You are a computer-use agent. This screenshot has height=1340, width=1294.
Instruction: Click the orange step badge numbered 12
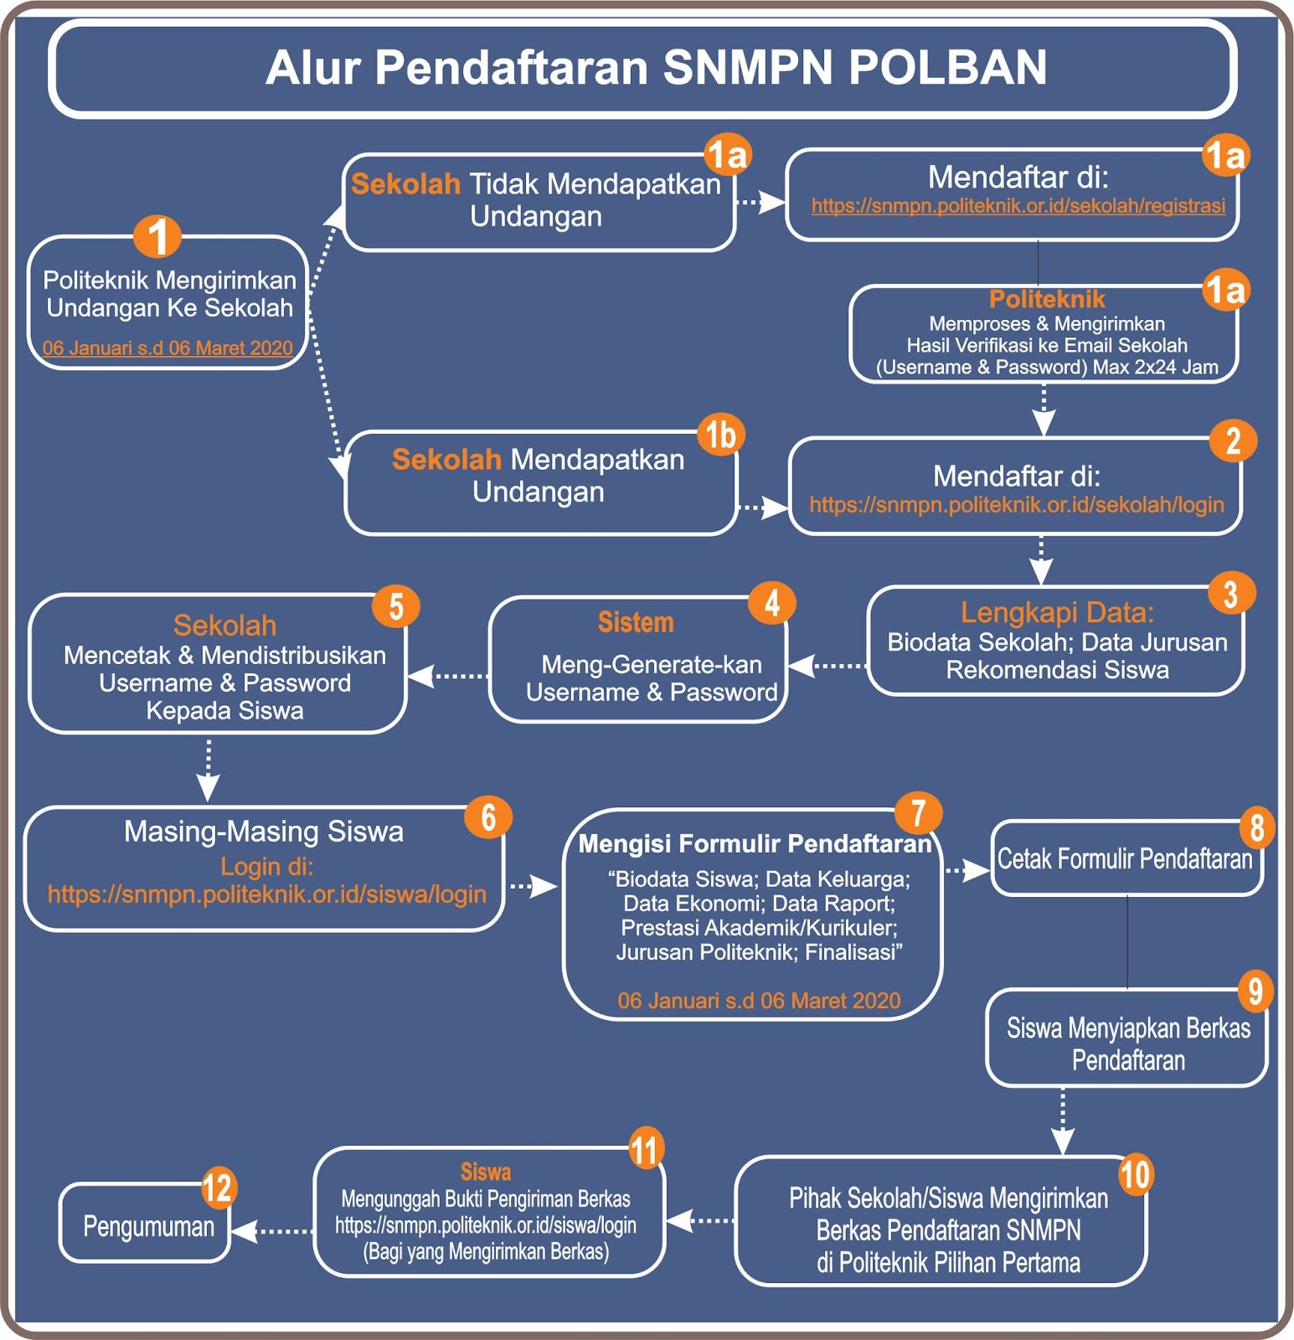(218, 1188)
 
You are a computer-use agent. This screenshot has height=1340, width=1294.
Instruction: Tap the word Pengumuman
(148, 1227)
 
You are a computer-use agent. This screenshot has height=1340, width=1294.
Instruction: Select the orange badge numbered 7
(918, 812)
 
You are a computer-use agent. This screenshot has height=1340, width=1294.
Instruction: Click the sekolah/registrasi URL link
(1018, 206)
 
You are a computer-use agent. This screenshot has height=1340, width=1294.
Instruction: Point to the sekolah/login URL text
(1016, 505)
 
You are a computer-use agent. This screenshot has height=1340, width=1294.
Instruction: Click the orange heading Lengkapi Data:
(1057, 612)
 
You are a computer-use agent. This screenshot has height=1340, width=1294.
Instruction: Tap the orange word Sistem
(636, 622)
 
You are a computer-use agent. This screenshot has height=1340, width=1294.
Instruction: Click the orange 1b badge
(720, 435)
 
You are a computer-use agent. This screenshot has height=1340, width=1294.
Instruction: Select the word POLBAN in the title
(948, 68)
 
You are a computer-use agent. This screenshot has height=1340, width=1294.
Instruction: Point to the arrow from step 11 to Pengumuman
(271, 1231)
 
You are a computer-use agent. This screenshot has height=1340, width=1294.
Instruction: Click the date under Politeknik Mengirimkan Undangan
(168, 348)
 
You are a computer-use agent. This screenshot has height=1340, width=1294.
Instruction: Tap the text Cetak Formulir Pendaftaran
(1125, 859)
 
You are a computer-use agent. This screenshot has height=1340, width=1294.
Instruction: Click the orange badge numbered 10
(1135, 1174)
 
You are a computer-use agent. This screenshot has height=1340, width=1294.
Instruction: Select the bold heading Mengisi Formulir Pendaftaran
(755, 843)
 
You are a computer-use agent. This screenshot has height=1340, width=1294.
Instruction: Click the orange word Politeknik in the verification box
(1047, 299)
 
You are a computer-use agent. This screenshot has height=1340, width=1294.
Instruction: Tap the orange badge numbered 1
(157, 236)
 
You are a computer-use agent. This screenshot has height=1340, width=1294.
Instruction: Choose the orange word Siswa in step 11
(486, 1172)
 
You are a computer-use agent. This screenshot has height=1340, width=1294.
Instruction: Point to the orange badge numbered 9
(1255, 992)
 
